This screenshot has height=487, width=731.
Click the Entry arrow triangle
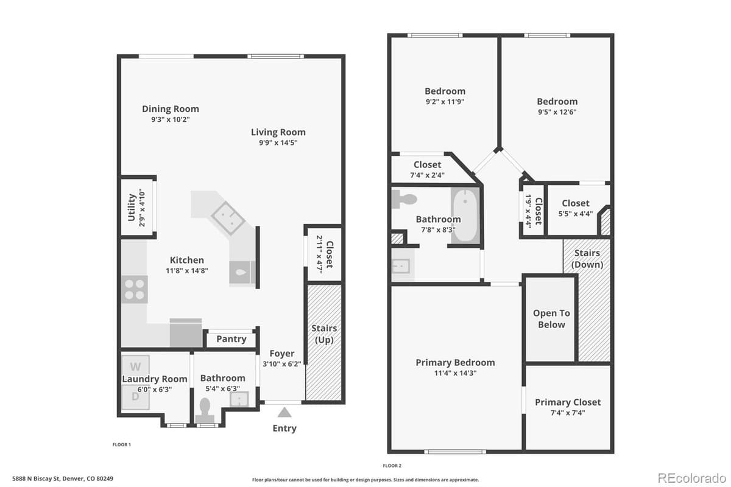click(x=284, y=412)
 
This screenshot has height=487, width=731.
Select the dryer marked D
click(x=135, y=397)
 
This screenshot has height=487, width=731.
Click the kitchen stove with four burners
click(x=135, y=289)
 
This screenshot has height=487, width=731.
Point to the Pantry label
click(x=231, y=339)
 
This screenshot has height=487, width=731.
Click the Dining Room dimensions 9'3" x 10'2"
click(x=171, y=119)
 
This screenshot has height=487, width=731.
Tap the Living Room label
click(x=278, y=132)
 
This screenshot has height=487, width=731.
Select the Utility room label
click(x=132, y=208)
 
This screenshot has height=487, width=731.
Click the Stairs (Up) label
click(x=324, y=334)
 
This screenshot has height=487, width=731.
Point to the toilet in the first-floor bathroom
click(x=205, y=410)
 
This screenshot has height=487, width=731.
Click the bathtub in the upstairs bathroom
click(x=465, y=215)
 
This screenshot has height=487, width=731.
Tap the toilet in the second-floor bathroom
click(x=404, y=199)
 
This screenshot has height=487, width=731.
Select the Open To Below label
click(x=551, y=319)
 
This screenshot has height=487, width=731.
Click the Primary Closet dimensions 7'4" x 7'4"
click(x=568, y=413)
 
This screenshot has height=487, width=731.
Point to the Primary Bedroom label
click(x=455, y=362)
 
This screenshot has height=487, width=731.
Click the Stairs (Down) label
click(x=587, y=259)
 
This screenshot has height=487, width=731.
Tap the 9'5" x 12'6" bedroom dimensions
click(x=557, y=112)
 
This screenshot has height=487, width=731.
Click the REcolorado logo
click(x=691, y=478)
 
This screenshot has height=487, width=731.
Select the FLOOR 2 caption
click(x=392, y=466)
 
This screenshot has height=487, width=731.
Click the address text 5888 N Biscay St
click(x=36, y=478)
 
